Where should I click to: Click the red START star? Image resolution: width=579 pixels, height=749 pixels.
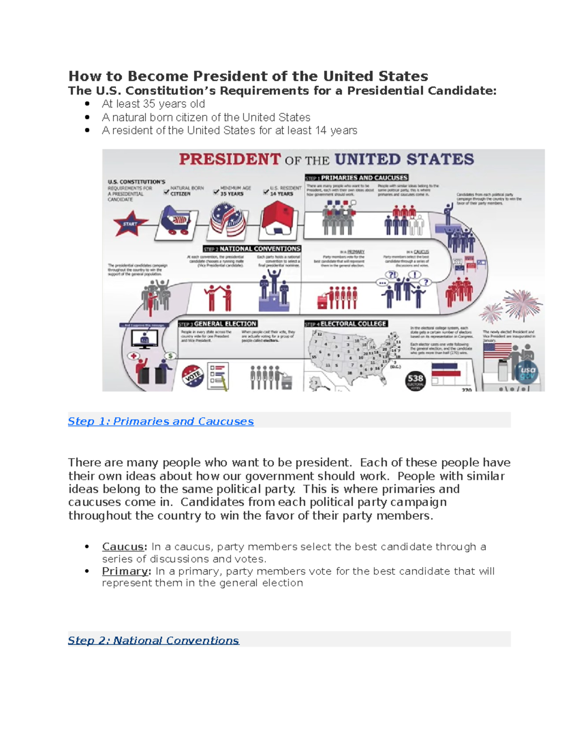pos(129,224)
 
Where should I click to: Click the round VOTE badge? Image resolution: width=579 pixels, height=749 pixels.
pos(193,376)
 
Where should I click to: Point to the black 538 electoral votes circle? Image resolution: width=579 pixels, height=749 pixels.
pos(415,380)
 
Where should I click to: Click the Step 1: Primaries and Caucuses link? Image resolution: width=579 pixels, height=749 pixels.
pos(161,421)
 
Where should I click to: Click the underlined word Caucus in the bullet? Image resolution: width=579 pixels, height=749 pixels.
pos(124,546)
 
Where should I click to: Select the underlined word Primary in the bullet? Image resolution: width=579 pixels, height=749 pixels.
pos(125,571)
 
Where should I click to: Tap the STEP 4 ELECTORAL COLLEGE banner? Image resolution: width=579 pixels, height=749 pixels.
pos(346,324)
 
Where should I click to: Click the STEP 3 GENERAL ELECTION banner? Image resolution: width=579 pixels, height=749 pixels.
pos(218,324)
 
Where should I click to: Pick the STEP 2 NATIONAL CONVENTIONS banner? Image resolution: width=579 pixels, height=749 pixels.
pos(252,249)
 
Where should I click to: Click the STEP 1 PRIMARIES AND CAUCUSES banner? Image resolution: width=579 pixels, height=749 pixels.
pos(357,177)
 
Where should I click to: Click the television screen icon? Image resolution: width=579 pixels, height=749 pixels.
pos(144,340)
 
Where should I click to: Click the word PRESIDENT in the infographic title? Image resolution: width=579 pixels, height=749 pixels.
pos(230,159)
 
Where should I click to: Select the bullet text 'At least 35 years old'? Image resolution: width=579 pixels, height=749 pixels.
pos(153,104)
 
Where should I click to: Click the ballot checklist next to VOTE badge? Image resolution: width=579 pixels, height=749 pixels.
pos(218,376)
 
